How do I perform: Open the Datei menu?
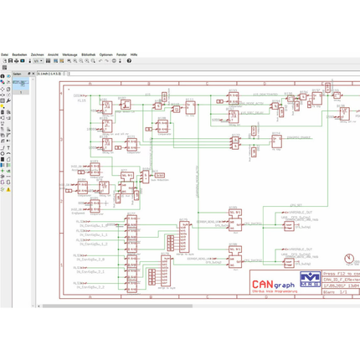[5, 54]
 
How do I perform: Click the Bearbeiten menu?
[19, 54]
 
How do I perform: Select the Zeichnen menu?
[38, 54]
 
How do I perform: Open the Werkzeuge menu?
[71, 54]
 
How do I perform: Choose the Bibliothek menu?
[89, 54]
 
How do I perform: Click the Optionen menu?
[106, 54]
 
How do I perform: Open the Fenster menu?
[122, 54]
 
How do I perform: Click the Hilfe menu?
[135, 54]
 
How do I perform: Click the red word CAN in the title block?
[260, 283]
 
